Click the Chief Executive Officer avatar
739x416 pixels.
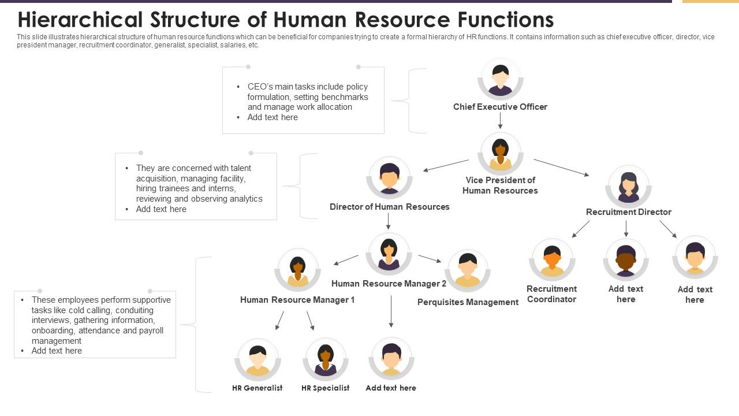(x=500, y=79)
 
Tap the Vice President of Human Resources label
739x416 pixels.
(x=500, y=185)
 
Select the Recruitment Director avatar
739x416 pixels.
(x=628, y=187)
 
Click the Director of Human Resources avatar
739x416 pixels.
(x=389, y=177)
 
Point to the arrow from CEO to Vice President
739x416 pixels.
(x=500, y=120)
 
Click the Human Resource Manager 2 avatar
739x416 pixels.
(x=389, y=254)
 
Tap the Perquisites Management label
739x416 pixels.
(x=468, y=302)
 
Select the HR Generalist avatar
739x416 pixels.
(x=257, y=359)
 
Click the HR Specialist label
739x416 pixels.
(x=325, y=388)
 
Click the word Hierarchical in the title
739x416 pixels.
(x=80, y=20)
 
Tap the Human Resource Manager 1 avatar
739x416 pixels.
(x=297, y=270)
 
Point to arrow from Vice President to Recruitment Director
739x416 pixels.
(x=561, y=168)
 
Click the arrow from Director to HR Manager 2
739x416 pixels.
(x=389, y=221)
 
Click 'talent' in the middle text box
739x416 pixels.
(x=240, y=168)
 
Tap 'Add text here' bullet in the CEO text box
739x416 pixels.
(x=273, y=117)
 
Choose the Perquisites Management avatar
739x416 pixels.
(x=467, y=270)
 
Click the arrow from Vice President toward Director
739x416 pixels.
(x=446, y=165)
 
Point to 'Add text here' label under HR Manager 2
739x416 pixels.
(x=391, y=388)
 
